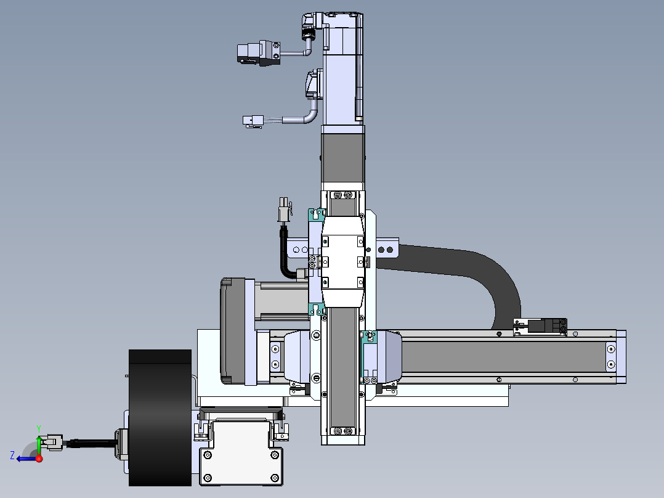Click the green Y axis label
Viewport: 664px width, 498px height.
pyautogui.click(x=39, y=429)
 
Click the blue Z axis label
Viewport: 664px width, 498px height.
pyautogui.click(x=12, y=455)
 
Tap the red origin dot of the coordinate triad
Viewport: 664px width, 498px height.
pyautogui.click(x=39, y=459)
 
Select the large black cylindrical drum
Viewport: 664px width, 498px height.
pyautogui.click(x=160, y=417)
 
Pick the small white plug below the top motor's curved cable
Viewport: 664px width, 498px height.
pyautogui.click(x=253, y=121)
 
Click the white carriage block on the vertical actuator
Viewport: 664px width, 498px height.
pyautogui.click(x=342, y=261)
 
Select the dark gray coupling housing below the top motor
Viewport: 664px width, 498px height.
pyautogui.click(x=342, y=158)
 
